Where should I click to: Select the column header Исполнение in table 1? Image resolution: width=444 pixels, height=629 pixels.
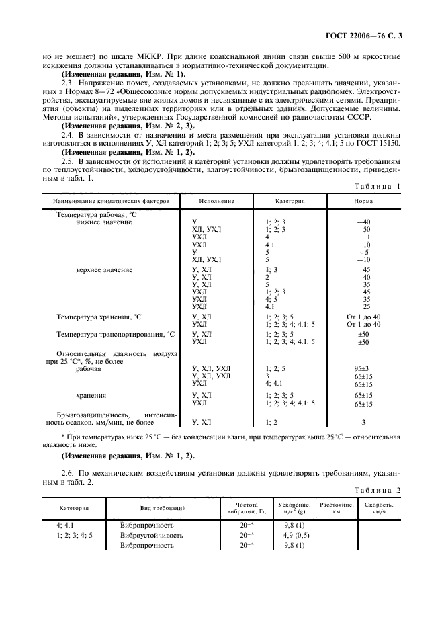(x=216, y=200)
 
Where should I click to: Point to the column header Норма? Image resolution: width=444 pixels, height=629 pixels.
(x=365, y=200)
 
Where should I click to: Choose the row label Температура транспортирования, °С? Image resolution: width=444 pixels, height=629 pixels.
(x=115, y=334)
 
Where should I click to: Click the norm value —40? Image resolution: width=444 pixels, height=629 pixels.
(x=365, y=222)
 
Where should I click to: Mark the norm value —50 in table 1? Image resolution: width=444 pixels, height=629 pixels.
(x=365, y=230)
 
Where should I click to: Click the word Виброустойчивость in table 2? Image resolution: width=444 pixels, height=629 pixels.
(x=152, y=535)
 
